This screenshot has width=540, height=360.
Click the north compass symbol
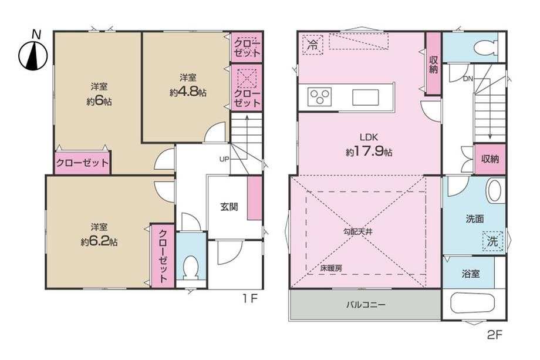click(x=33, y=55)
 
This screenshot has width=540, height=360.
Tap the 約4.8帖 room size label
click(x=188, y=92)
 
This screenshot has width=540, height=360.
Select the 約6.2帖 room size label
click(x=99, y=242)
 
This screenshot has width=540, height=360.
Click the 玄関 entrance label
click(x=229, y=207)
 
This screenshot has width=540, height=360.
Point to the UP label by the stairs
click(x=224, y=159)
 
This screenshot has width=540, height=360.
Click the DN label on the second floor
click(x=468, y=79)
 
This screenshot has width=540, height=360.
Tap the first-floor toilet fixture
click(x=190, y=268)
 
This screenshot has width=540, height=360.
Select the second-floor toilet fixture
click(x=485, y=48)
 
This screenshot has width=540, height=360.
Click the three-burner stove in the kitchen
click(x=319, y=96)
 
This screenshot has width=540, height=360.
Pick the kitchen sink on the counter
click(x=366, y=97)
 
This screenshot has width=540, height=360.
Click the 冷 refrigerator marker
click(x=313, y=45)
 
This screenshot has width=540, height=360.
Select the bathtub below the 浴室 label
click(x=473, y=303)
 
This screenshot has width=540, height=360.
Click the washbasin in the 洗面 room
click(x=495, y=190)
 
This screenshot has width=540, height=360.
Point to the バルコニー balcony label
click(x=366, y=305)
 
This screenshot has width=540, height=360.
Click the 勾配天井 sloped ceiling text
click(x=358, y=232)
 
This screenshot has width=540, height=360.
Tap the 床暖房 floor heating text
click(x=331, y=268)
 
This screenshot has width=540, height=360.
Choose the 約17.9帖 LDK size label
click(x=369, y=152)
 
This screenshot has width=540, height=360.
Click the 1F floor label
click(x=249, y=298)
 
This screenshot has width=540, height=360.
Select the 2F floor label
click(x=495, y=335)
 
